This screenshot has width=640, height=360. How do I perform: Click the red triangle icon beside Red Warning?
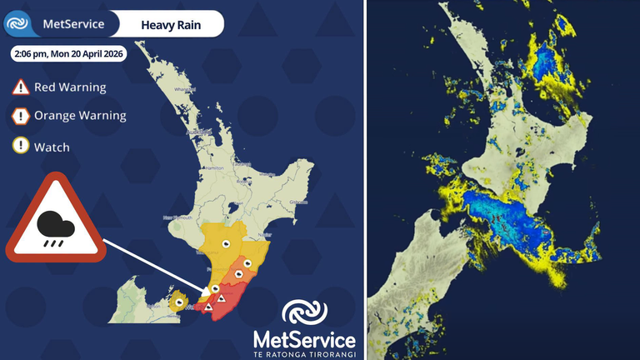pyautogui.click(x=20, y=86)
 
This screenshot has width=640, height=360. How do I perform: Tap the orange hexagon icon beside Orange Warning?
pyautogui.click(x=20, y=116)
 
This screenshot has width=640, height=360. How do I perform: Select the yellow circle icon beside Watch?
pyautogui.click(x=20, y=147)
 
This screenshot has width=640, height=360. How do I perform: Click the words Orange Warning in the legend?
pyautogui.click(x=80, y=116)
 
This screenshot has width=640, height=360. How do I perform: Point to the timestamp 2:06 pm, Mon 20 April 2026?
pyautogui.click(x=68, y=54)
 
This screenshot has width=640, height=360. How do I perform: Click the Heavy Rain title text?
pyautogui.click(x=167, y=24)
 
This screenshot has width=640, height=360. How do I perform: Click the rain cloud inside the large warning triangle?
pyautogui.click(x=54, y=224)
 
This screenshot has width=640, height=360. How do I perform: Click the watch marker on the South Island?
pyautogui.click(x=179, y=301)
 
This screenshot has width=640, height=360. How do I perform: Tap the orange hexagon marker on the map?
pyautogui.click(x=238, y=271)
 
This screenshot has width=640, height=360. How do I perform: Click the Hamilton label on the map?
pyautogui.click(x=212, y=168)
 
